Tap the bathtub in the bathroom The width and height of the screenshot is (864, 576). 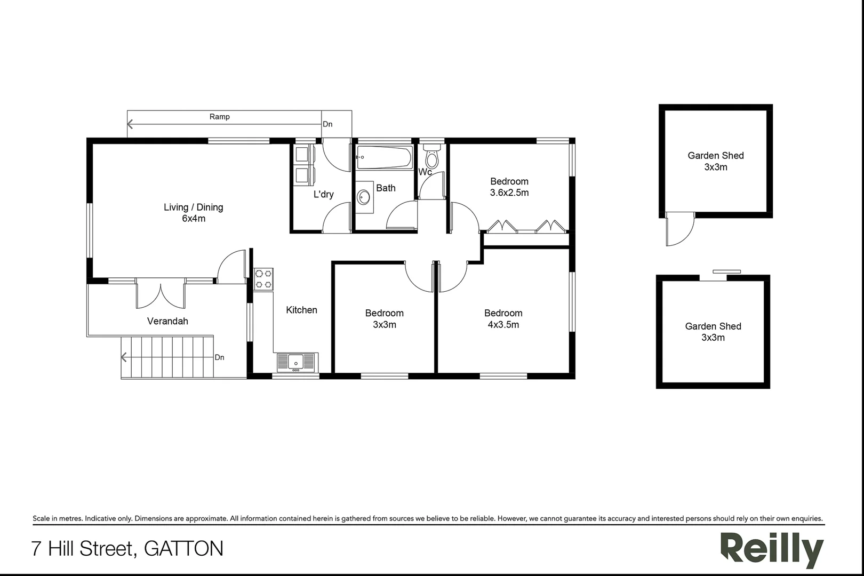point(384,157)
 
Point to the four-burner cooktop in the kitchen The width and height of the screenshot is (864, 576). point(263,278)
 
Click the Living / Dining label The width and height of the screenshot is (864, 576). point(193,207)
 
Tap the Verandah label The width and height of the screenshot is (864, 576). point(167,321)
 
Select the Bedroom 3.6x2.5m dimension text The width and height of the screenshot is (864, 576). point(509,193)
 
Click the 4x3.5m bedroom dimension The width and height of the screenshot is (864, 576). point(503,324)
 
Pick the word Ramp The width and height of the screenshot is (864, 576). point(219,116)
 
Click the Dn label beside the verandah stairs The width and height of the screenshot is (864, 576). point(219,357)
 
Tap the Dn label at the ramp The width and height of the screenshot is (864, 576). point(327,124)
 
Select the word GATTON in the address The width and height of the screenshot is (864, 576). point(184,548)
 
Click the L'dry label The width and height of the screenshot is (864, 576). point(323,194)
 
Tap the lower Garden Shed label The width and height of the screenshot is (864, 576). point(713,326)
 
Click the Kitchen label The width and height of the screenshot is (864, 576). point(301,310)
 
